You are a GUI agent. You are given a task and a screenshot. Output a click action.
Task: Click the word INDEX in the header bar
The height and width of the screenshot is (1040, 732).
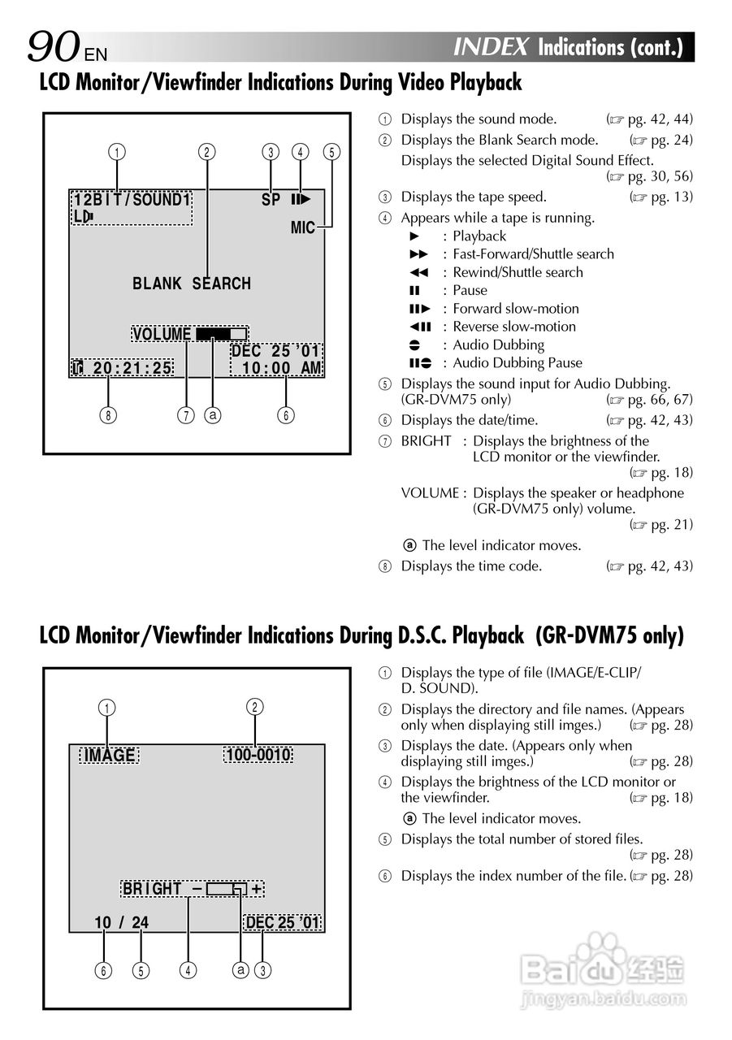(x=492, y=47)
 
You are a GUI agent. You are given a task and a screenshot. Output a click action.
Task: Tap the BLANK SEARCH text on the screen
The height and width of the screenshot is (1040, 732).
(x=192, y=284)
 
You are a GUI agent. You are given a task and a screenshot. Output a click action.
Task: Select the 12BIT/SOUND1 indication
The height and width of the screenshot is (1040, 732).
(x=132, y=200)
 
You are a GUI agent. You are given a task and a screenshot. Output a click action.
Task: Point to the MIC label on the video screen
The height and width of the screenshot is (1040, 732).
(x=303, y=228)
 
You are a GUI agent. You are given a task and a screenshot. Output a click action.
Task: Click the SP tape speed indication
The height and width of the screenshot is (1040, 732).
(x=271, y=200)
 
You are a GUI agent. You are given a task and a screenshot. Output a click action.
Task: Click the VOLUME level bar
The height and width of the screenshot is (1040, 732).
(x=221, y=334)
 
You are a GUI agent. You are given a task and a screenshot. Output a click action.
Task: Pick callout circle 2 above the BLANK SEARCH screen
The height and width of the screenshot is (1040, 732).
(x=208, y=151)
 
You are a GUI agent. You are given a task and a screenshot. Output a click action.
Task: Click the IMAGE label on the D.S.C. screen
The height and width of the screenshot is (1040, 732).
(x=110, y=756)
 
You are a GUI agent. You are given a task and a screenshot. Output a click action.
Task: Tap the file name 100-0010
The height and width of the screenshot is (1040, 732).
(x=258, y=756)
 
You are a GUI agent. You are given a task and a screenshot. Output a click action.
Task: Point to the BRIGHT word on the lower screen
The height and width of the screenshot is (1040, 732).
(x=152, y=889)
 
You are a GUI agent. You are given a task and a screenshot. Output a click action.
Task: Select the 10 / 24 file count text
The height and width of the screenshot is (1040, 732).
(x=122, y=923)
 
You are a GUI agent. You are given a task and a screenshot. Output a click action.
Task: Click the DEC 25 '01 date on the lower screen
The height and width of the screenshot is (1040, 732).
(x=283, y=923)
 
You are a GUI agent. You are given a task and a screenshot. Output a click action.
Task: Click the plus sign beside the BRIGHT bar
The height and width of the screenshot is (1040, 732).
(x=257, y=889)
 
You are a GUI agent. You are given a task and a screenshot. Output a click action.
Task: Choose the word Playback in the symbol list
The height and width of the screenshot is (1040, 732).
(x=479, y=236)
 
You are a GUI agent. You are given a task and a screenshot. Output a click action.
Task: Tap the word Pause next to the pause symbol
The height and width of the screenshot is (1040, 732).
(x=470, y=291)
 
